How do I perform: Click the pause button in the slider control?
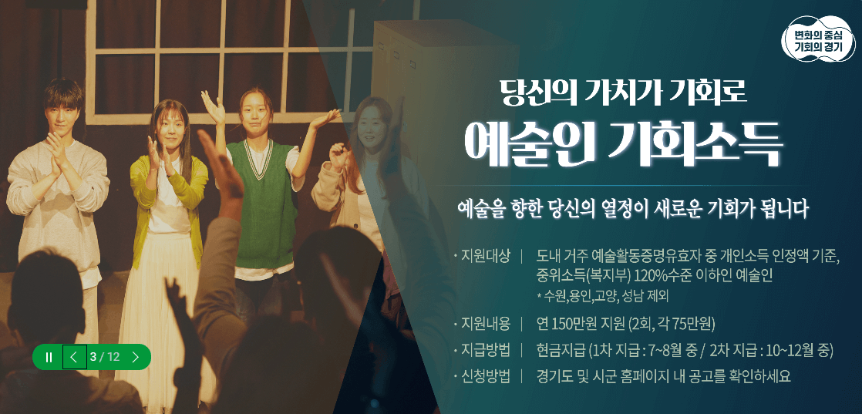(49, 357)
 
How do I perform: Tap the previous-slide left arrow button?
(74, 357)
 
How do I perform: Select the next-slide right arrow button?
(136, 357)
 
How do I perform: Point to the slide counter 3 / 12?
(105, 357)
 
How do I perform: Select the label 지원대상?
(485, 257)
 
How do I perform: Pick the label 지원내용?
(485, 323)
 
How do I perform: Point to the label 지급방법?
(485, 350)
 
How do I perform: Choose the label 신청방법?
(485, 376)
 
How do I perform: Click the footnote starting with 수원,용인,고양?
(602, 296)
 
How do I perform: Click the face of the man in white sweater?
(63, 108)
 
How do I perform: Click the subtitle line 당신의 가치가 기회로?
(623, 92)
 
